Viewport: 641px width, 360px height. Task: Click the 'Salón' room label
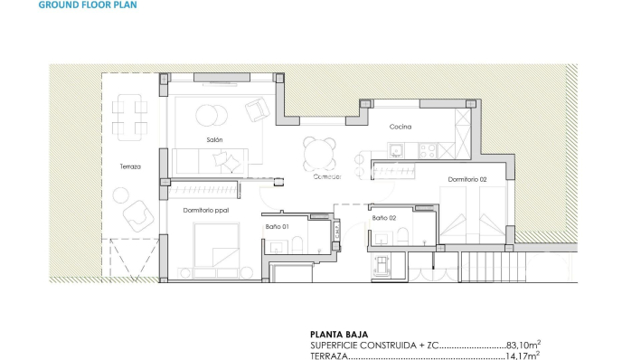[213, 139]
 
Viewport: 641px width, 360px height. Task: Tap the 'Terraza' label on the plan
[130, 166]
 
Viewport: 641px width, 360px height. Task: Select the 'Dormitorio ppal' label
[205, 210]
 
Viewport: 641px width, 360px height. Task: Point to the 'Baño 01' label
[277, 226]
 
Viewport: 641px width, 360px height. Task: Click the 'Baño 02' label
[384, 218]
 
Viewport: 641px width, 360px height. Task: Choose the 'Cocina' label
[401, 127]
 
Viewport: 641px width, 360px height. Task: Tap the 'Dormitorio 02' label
[467, 179]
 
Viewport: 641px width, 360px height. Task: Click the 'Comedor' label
[326, 177]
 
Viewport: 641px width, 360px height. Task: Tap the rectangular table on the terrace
[129, 117]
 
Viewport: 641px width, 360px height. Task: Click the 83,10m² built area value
[523, 345]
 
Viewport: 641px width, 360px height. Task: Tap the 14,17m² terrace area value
[523, 355]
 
